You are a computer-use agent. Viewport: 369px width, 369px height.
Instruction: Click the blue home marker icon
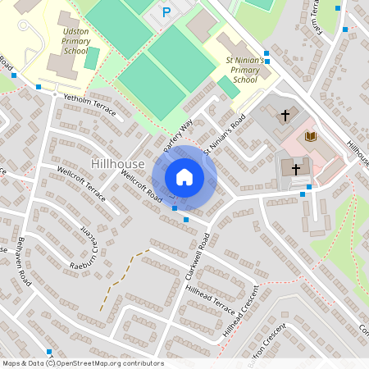tap(184, 177)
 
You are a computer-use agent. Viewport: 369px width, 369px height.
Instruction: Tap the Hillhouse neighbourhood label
tap(119, 164)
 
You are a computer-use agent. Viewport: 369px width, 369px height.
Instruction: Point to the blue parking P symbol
tap(166, 12)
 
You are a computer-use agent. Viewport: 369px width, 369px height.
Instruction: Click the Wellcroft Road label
tap(141, 185)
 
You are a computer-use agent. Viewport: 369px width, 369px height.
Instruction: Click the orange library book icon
tap(310, 136)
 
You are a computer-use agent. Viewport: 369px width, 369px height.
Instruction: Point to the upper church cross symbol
tap(286, 116)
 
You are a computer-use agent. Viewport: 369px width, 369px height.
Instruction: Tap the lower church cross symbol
tap(295, 168)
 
